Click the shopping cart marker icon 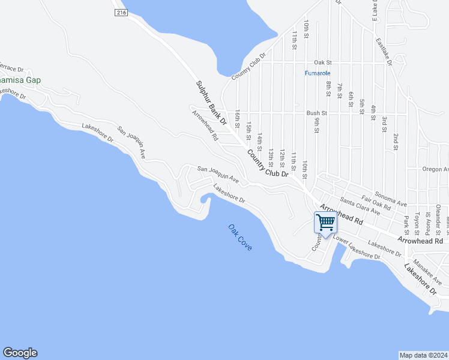325,223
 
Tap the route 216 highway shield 122,12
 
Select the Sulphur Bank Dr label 211,103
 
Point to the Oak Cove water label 240,237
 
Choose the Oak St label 322,62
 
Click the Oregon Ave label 435,169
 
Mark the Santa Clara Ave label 360,206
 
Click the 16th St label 238,117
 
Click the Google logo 20,353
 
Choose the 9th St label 316,124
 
